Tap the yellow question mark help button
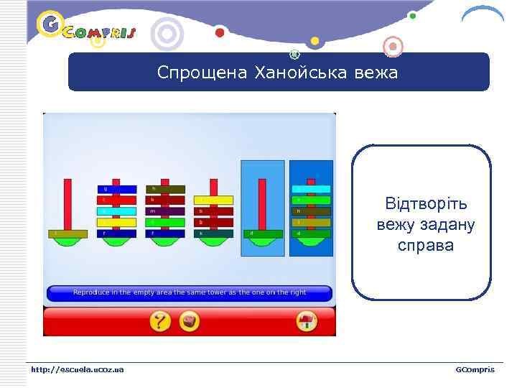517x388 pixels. [x=159, y=320]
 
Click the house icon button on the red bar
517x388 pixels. [x=307, y=320]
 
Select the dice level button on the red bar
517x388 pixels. [x=190, y=320]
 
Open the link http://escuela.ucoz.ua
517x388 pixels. [x=77, y=369]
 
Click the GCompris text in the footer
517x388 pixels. [x=475, y=369]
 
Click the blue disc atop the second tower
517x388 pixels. [x=116, y=189]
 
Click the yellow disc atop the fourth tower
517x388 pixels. [x=213, y=200]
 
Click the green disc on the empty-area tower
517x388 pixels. [x=263, y=234]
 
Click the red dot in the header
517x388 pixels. [x=220, y=32]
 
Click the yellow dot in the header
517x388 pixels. [x=315, y=40]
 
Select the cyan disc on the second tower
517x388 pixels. [x=116, y=211]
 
